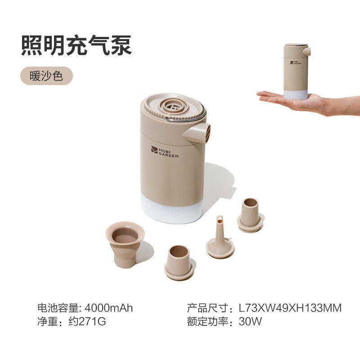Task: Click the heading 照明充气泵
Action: tap(76, 46)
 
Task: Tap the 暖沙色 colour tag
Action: tap(46, 76)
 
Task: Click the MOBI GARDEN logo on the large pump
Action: tap(165, 152)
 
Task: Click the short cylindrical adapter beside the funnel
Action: tap(180, 262)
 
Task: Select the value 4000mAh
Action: tap(109, 308)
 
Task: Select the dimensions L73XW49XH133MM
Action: tap(290, 308)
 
